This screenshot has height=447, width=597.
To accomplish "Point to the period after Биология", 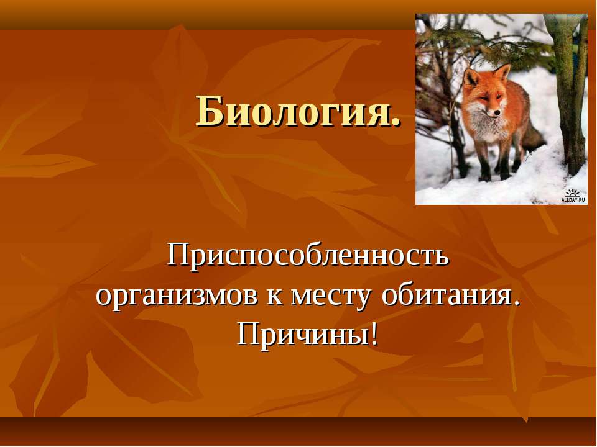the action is point(396,122).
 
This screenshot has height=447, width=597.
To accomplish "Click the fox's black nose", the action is point(497,113).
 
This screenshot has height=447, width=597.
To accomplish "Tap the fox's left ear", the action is point(471,78).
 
